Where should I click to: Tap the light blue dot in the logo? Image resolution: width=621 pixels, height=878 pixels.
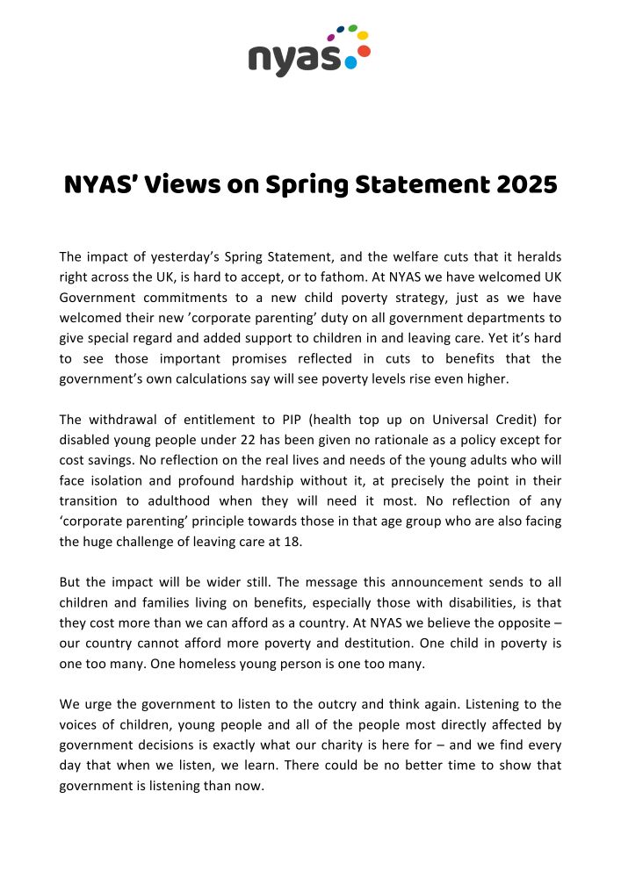(x=350, y=62)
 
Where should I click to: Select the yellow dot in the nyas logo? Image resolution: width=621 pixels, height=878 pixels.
(x=363, y=35)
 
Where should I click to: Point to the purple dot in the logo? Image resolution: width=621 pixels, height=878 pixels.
(x=331, y=38)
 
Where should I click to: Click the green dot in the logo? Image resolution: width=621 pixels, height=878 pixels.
(x=352, y=28)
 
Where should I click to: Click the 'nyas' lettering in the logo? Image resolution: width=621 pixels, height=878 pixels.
(x=294, y=58)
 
